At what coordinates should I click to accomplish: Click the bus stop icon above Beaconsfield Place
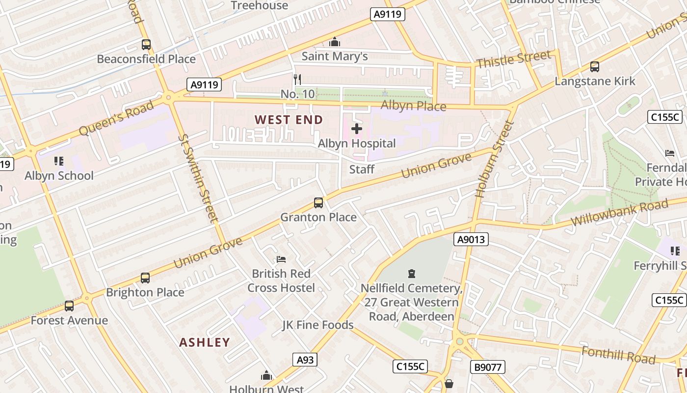click(x=146, y=45)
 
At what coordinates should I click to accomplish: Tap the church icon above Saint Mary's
click(x=335, y=42)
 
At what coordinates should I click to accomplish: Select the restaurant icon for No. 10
click(x=297, y=79)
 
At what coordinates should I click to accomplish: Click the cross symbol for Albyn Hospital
click(x=357, y=129)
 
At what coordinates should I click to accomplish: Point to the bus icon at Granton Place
click(x=318, y=202)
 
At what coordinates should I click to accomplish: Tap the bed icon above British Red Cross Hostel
click(x=281, y=259)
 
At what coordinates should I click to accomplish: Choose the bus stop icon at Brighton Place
click(x=145, y=278)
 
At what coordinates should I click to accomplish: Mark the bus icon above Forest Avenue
click(x=69, y=306)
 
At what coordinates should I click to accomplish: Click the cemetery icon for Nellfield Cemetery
click(x=412, y=274)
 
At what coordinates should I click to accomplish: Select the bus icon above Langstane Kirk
click(x=595, y=66)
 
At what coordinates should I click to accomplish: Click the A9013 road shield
click(x=471, y=239)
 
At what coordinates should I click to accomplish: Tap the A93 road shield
click(x=305, y=360)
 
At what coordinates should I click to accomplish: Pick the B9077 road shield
click(x=487, y=366)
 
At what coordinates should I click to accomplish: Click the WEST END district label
click(x=289, y=120)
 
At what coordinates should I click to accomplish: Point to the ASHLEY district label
click(x=205, y=342)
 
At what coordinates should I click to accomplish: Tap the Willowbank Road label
click(x=619, y=213)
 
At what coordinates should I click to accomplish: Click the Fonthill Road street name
click(x=618, y=355)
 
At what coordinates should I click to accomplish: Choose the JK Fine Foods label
click(x=317, y=325)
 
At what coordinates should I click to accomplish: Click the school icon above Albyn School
click(x=59, y=161)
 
